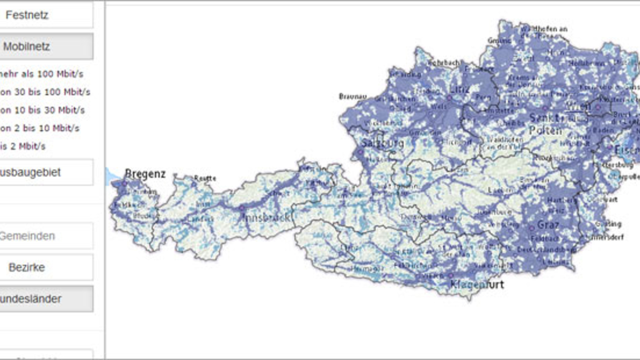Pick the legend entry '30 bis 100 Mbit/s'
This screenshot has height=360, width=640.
(x=45, y=92)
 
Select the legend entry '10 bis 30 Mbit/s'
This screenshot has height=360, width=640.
(x=42, y=110)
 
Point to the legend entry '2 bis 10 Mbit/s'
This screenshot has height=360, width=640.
(x=40, y=128)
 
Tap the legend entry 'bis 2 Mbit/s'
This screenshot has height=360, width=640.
(x=23, y=146)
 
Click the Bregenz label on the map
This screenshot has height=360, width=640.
(x=145, y=174)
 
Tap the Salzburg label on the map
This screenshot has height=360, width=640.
(x=382, y=143)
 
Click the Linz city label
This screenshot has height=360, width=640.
(x=460, y=89)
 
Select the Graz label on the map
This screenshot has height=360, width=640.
(x=548, y=225)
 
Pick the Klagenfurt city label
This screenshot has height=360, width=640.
(x=477, y=284)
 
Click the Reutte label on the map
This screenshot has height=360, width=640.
(x=205, y=178)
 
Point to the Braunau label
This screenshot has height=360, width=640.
(x=352, y=96)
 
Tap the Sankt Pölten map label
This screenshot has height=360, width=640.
(x=546, y=124)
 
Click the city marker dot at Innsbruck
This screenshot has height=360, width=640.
(x=242, y=208)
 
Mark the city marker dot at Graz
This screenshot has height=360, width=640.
(x=532, y=228)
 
